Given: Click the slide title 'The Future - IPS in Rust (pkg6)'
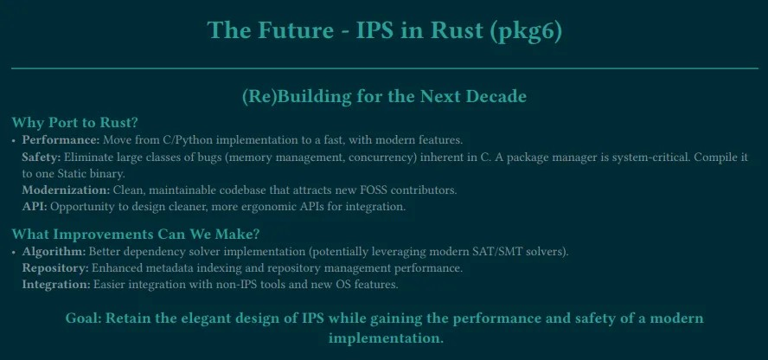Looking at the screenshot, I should click(x=384, y=30).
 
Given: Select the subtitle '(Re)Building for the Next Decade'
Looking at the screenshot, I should click(x=384, y=96).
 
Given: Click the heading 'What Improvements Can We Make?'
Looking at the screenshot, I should click(x=136, y=234).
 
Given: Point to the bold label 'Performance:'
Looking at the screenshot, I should click(x=61, y=139).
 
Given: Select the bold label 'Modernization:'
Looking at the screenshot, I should click(x=66, y=190).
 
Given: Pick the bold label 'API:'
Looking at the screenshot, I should click(x=35, y=206).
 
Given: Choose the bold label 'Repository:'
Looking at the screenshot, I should click(x=54, y=267).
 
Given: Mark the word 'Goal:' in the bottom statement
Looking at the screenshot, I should click(x=83, y=318).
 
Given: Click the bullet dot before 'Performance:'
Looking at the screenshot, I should click(x=14, y=140).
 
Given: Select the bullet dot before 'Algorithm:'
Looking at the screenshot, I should click(x=14, y=252).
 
